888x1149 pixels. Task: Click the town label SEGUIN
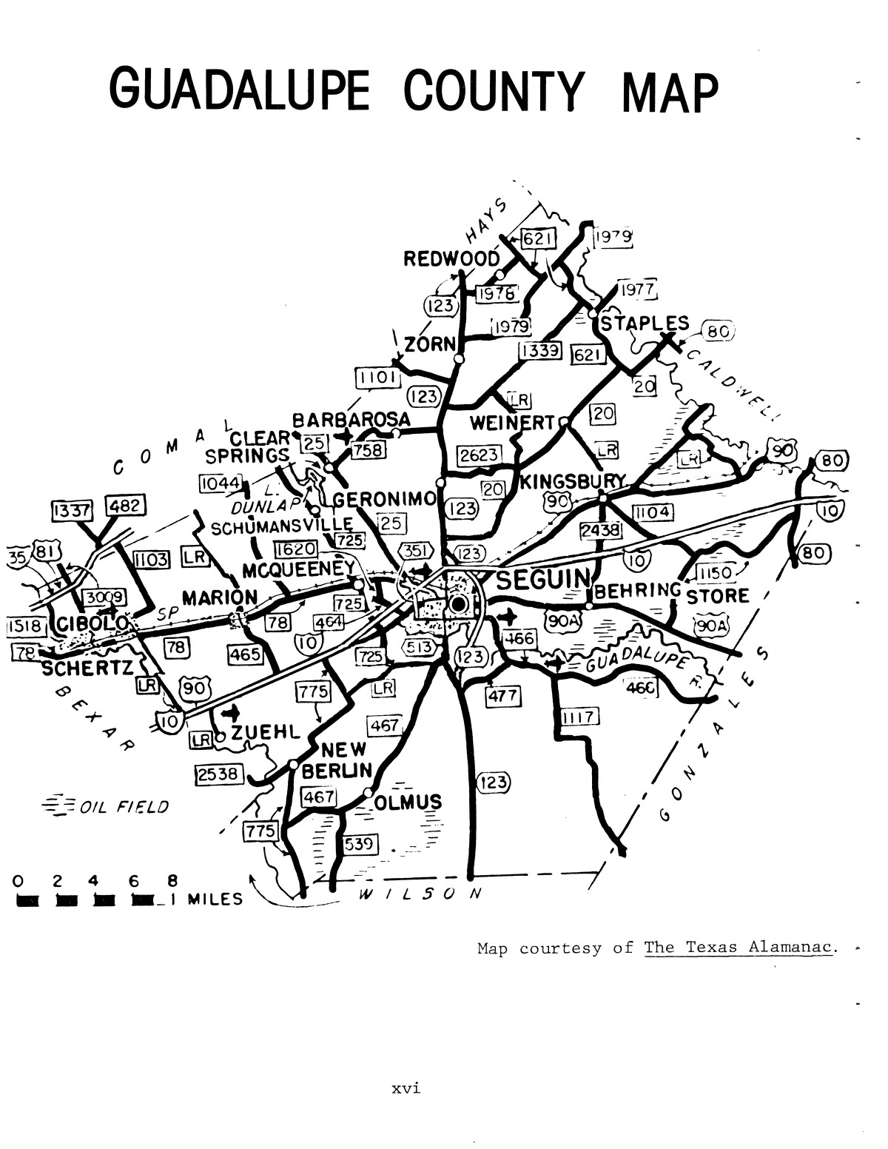542,579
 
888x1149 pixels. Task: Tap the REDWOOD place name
451,259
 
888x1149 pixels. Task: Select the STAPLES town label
645,324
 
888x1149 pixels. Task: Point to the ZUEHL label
264,733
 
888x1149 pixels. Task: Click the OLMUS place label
408,803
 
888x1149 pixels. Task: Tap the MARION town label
221,597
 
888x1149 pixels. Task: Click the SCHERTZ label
87,668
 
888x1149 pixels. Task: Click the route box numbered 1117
579,717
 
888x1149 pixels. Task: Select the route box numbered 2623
479,455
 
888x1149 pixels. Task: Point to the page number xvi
406,1089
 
